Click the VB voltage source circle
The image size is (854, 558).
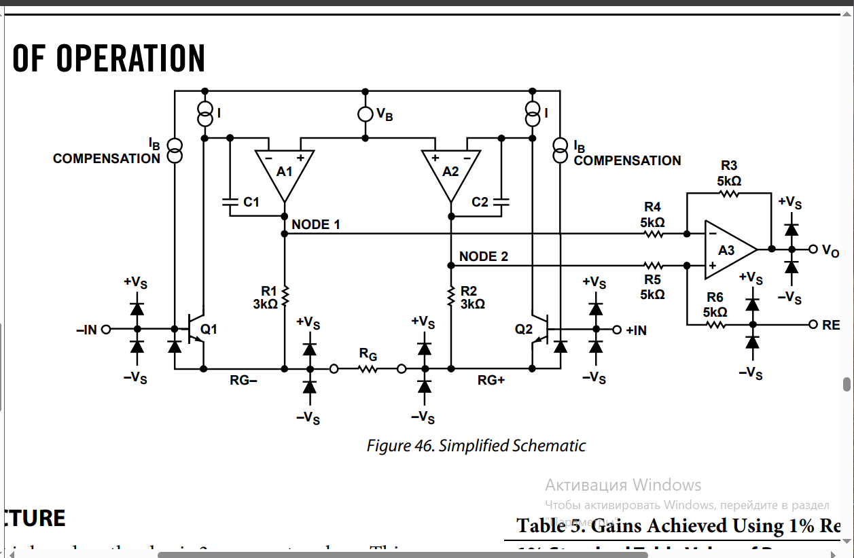[x=366, y=114]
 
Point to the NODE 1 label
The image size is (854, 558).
[x=316, y=224]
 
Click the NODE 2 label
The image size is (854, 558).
[x=483, y=256]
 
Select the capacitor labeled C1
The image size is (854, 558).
[x=230, y=202]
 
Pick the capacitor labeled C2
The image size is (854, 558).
[x=501, y=202]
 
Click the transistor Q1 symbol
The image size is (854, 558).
[x=198, y=330]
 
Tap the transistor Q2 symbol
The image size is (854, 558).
[x=537, y=330]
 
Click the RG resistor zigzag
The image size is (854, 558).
[x=368, y=369]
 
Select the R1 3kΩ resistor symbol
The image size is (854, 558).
[x=285, y=295]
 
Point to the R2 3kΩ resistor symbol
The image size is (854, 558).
[x=450, y=295]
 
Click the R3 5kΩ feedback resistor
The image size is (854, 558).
[x=728, y=194]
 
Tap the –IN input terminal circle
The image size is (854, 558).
[x=105, y=330]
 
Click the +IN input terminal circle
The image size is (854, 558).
[x=617, y=330]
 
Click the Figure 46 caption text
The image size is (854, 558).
[x=476, y=446]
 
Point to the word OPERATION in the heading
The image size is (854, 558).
[x=130, y=58]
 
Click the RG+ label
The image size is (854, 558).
[x=491, y=381]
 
